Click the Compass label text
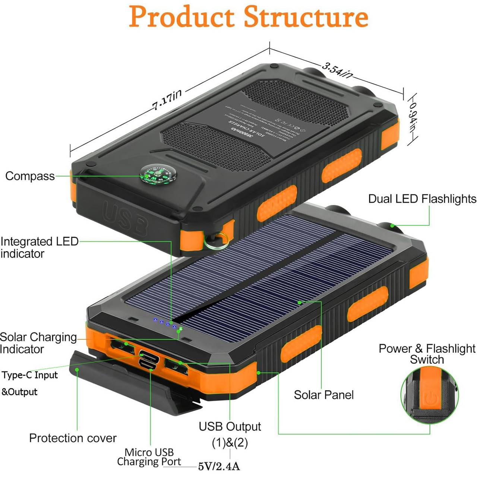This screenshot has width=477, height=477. [x=30, y=176]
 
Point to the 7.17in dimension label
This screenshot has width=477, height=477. [x=167, y=100]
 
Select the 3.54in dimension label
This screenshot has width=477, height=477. [x=337, y=70]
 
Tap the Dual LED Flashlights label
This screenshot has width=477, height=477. [x=422, y=199]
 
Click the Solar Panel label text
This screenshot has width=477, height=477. [x=323, y=395]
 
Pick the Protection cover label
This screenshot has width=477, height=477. [x=73, y=438]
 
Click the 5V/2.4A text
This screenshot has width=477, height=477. [x=219, y=466]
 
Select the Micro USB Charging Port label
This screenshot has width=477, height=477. [x=149, y=457]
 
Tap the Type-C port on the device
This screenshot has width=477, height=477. [x=149, y=354]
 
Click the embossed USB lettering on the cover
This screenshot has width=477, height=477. [x=125, y=218]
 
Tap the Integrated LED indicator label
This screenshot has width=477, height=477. [x=39, y=247]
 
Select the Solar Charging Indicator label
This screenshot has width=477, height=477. [x=38, y=343]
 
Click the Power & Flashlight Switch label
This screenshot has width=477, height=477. [x=427, y=354]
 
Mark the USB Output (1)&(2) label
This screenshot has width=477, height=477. [x=230, y=434]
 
